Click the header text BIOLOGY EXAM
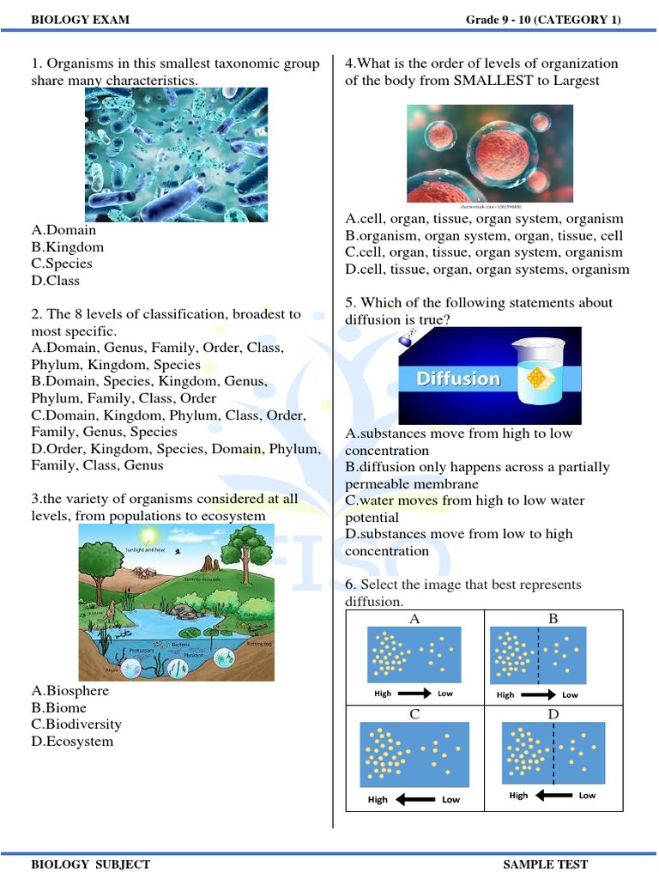click(x=81, y=20)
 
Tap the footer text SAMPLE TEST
click(x=545, y=864)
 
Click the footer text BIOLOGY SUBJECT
click(x=90, y=864)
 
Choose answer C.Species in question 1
click(x=62, y=264)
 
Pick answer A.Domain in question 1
click(x=63, y=230)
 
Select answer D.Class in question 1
click(x=56, y=281)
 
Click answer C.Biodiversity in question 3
click(x=76, y=724)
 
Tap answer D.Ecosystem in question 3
click(x=72, y=742)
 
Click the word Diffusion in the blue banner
click(x=458, y=379)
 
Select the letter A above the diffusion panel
click(x=414, y=618)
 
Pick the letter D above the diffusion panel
click(x=553, y=715)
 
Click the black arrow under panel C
click(x=414, y=799)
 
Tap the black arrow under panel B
click(x=538, y=694)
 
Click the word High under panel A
click(x=384, y=694)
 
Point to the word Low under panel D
click(x=587, y=796)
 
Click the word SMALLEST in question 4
click(x=470, y=81)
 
